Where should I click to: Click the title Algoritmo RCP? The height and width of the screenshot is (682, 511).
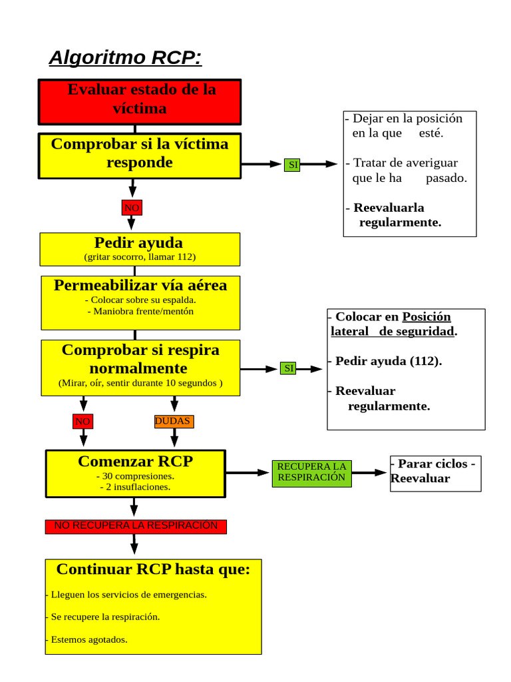click(x=125, y=58)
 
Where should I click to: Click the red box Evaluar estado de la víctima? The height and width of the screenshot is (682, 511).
click(x=140, y=101)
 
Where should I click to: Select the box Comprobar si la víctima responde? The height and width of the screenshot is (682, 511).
click(x=140, y=155)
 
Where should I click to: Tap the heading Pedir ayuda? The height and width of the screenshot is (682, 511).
click(x=138, y=242)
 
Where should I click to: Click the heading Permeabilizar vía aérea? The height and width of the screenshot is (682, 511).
click(x=140, y=286)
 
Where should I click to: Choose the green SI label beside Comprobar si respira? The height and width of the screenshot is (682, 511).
click(x=288, y=368)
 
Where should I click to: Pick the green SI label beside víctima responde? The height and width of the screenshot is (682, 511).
click(x=292, y=165)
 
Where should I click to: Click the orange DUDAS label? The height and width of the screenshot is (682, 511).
click(x=173, y=422)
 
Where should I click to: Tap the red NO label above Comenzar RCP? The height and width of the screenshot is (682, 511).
click(x=83, y=422)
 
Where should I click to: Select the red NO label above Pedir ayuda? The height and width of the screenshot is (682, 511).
click(x=132, y=208)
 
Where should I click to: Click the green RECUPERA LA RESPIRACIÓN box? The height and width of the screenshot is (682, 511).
click(x=311, y=472)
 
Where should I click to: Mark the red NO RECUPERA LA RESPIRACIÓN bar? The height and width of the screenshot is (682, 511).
click(x=136, y=526)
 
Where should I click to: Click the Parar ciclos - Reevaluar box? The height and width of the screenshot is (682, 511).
click(x=435, y=472)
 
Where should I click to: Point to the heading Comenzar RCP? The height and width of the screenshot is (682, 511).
click(x=135, y=461)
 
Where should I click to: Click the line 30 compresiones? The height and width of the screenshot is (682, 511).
click(x=135, y=476)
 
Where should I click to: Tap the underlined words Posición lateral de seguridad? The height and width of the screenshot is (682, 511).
click(x=393, y=324)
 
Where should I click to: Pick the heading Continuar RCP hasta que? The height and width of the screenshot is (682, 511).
click(x=153, y=569)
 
